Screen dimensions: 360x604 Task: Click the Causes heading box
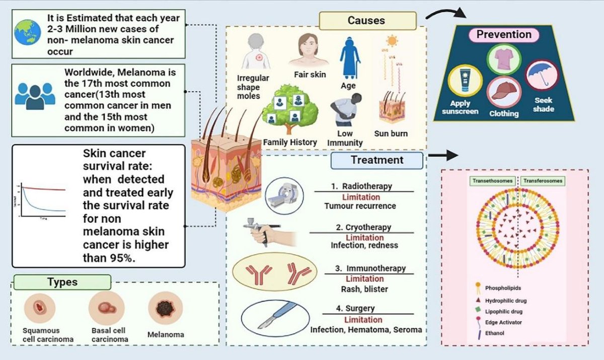(366, 21)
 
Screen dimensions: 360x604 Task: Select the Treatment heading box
(376, 160)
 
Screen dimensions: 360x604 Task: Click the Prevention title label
(504, 35)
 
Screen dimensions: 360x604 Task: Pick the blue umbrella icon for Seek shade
(542, 75)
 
